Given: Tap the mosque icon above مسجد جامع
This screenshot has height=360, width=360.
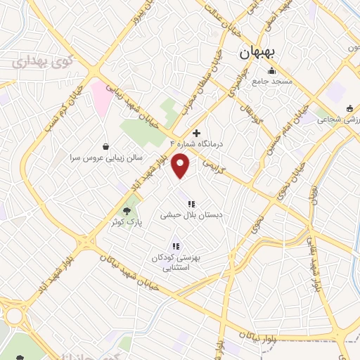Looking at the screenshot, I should point(271,70).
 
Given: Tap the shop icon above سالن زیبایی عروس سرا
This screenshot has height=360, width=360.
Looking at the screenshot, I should point(105,147).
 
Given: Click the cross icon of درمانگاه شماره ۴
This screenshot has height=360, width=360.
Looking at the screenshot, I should point(196,132).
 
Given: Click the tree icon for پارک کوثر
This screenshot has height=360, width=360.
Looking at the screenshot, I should point(127,210).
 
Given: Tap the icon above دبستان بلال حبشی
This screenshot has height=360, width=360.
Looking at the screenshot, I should point(191,204).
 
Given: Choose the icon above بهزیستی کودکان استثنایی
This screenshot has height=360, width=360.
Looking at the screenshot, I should point(176,246).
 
